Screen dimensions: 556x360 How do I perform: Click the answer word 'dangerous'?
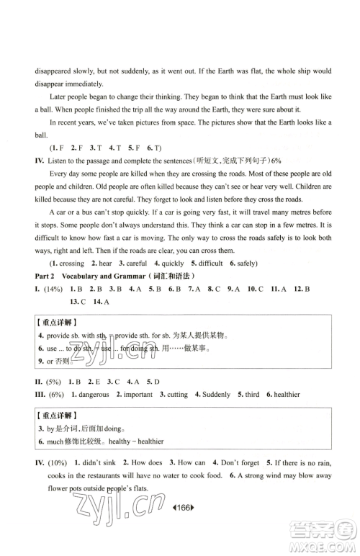click(x=91, y=395)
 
